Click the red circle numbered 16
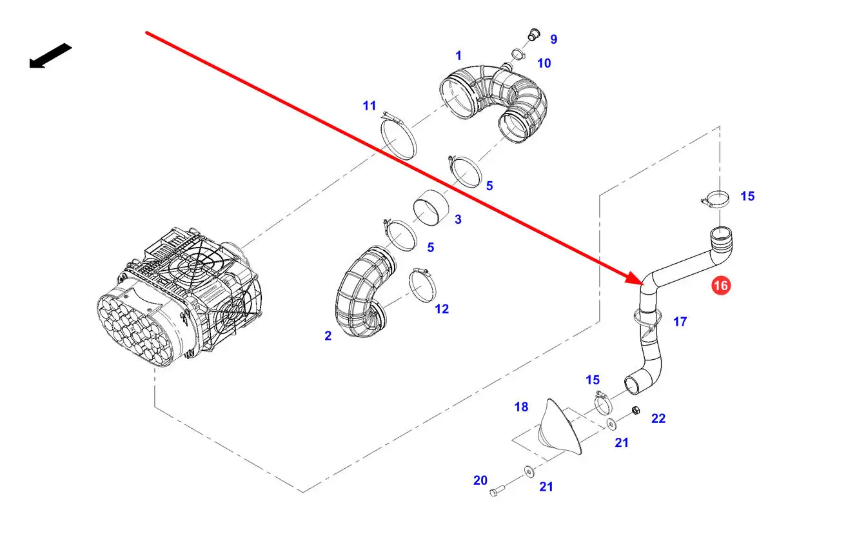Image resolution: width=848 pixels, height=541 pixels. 721,286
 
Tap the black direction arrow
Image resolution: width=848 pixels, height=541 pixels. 51,56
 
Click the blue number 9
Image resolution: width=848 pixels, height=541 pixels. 554,39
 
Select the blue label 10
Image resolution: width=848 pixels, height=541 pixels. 544,63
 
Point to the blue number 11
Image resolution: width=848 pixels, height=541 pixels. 370,106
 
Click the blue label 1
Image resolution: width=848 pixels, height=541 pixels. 459,55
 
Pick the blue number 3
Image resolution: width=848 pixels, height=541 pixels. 458,219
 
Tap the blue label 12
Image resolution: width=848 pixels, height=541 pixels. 442,309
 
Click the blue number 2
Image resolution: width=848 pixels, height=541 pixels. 328,335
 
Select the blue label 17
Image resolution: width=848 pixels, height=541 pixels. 680,322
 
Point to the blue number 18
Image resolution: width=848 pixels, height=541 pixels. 521,407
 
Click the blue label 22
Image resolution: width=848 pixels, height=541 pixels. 658,418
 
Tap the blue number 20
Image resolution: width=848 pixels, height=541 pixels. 480,480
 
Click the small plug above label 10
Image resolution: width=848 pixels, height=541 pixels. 534,34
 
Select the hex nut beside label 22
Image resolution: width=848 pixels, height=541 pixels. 636,410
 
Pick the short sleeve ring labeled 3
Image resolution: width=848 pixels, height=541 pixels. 431,207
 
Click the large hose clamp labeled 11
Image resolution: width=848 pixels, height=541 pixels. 399,135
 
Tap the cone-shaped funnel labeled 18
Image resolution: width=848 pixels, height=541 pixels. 560,426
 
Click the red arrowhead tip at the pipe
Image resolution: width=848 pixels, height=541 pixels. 643,284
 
